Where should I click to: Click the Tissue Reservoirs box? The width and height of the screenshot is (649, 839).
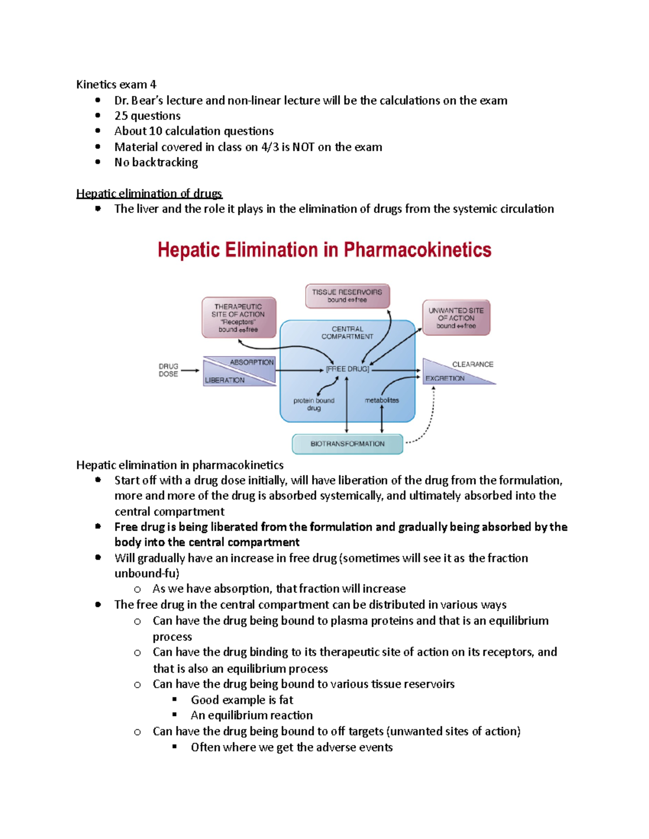(347, 296)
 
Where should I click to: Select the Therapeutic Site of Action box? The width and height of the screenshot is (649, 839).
(239, 318)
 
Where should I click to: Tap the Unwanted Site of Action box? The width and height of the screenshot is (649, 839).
(456, 318)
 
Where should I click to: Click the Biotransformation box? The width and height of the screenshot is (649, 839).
(347, 444)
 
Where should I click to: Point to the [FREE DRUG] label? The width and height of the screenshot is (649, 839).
(347, 369)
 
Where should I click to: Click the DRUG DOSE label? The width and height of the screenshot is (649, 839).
(168, 370)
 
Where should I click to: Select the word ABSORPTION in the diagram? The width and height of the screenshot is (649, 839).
(251, 362)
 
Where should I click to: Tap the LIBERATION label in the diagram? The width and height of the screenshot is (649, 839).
(224, 380)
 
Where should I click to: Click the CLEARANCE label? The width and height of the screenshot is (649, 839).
(473, 364)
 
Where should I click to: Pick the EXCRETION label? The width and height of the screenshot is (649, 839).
(445, 378)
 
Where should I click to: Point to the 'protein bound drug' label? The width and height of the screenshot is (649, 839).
(314, 404)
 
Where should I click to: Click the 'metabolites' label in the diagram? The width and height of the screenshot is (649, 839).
(382, 400)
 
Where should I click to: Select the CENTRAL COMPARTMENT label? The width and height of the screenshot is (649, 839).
(347, 332)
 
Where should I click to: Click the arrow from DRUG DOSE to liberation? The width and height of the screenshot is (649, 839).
(190, 371)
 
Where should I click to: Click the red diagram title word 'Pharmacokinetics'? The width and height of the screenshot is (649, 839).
(417, 250)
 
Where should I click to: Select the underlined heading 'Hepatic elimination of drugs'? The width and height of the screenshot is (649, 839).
(149, 193)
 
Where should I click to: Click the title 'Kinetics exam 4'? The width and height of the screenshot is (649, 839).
(116, 84)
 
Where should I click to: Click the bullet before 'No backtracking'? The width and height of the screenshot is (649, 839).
(98, 162)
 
